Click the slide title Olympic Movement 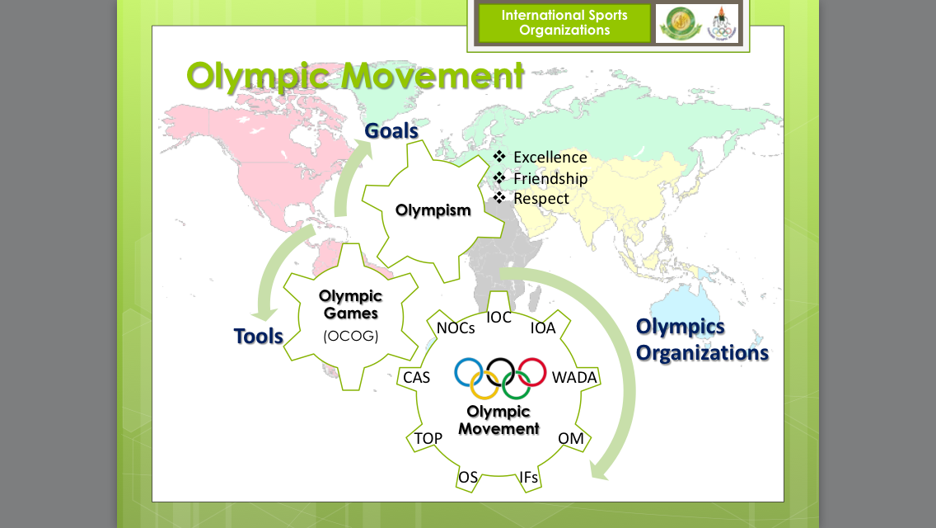point(355,76)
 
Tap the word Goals point(391,130)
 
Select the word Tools point(258,336)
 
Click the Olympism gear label point(433,210)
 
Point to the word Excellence point(550,158)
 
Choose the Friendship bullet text point(550,178)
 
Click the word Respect point(541,199)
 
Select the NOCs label point(456,328)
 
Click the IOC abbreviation point(499,318)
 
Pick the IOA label point(543,328)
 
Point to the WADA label point(574,378)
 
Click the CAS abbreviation point(416,378)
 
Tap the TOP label point(428,438)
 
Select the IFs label point(529,477)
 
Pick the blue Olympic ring point(469,372)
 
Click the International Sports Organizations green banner point(564,22)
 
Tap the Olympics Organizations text point(701,339)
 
